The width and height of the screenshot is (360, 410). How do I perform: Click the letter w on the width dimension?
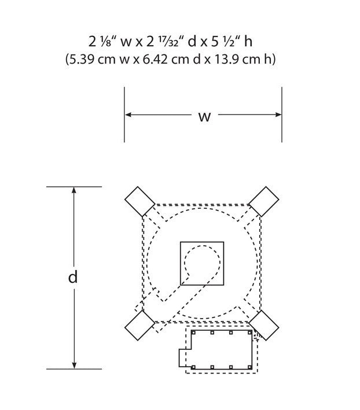pyautogui.click(x=204, y=117)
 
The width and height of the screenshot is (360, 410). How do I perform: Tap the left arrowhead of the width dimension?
pyautogui.click(x=128, y=114)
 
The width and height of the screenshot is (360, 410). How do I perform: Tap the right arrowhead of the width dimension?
pyautogui.click(x=278, y=114)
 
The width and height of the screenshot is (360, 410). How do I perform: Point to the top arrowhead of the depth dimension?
pyautogui.click(x=74, y=190)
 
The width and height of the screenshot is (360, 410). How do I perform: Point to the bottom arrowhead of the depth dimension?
pyautogui.click(x=74, y=365)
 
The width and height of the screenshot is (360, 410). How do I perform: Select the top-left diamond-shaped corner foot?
pyautogui.click(x=140, y=202)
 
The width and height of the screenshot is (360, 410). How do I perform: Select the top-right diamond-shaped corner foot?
pyautogui.click(x=264, y=202)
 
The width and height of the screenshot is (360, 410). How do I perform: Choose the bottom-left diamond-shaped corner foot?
pyautogui.click(x=140, y=325)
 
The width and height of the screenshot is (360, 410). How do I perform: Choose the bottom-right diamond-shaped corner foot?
pyautogui.click(x=264, y=325)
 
